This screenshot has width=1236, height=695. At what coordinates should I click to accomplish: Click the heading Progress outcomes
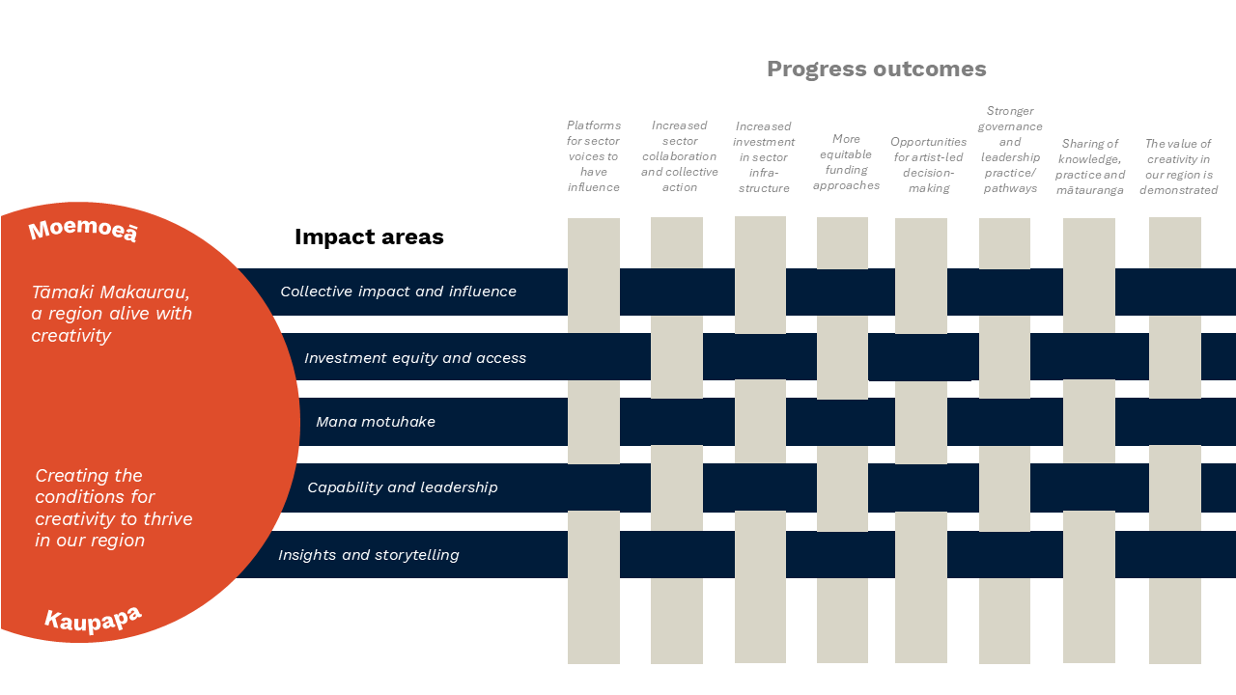point(876,69)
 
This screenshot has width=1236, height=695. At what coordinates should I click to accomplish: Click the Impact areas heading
point(369,236)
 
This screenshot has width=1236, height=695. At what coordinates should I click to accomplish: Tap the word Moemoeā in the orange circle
point(83,231)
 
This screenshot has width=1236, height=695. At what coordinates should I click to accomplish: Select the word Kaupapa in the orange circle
point(93,620)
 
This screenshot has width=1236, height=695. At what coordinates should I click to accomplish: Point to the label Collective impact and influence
point(398,292)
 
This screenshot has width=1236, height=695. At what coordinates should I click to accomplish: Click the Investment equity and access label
point(415,358)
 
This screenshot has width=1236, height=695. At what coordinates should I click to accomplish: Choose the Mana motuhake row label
point(376,422)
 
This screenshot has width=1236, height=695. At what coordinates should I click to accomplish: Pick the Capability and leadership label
point(403,487)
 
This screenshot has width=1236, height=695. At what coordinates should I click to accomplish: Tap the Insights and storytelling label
point(368,555)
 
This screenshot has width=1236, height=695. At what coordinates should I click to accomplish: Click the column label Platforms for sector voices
point(594,156)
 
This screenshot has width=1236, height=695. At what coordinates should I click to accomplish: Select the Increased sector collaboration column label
point(680,156)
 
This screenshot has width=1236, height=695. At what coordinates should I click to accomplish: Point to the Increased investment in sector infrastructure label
point(764,157)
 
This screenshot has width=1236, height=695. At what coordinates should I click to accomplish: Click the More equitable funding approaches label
point(846,162)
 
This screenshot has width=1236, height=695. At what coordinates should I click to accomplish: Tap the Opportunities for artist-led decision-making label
point(929,165)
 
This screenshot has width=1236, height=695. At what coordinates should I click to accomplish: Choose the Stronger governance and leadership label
point(1010,150)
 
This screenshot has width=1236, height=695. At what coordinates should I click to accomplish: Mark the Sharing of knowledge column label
point(1090,167)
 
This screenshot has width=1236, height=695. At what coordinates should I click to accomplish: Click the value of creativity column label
point(1178,167)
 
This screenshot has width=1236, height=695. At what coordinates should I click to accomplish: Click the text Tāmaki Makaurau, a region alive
point(111,314)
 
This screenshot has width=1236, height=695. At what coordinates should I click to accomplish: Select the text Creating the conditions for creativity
point(114,508)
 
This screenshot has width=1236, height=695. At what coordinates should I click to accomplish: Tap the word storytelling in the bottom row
point(410,555)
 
